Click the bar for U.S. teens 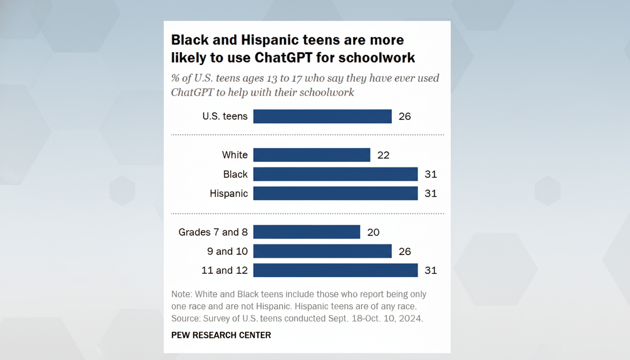tap(322, 116)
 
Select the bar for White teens tap(312, 155)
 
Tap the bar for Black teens tap(335, 174)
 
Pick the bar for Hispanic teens tap(335, 194)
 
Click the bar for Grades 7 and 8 tap(307, 232)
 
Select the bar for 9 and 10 tap(322, 251)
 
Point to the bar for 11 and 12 tap(335, 270)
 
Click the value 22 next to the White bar tap(383, 155)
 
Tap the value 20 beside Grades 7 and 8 tap(373, 232)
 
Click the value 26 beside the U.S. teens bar tap(405, 116)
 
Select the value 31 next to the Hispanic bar tap(430, 194)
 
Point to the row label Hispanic tap(229, 194)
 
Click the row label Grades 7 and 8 tap(213, 232)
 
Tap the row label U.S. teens tap(225, 116)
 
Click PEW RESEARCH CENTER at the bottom tap(221, 335)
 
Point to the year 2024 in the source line tap(411, 319)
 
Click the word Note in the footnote tap(181, 294)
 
